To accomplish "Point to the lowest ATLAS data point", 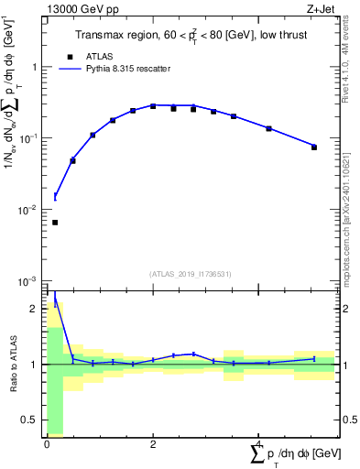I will (55, 223).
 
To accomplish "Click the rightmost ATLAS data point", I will (314, 147).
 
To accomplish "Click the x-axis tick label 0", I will (47, 443).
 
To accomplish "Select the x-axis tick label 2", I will (153, 443).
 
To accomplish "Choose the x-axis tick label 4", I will (259, 443).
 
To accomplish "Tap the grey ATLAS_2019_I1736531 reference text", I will (190, 274).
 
